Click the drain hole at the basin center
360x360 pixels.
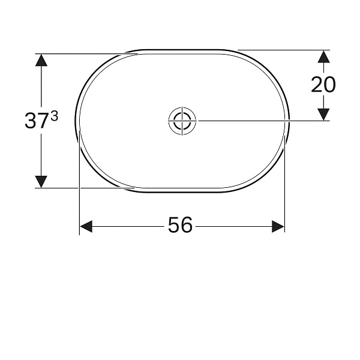pyautogui.click(x=182, y=121)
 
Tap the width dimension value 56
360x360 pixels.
pyautogui.click(x=180, y=226)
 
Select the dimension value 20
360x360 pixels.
pyautogui.click(x=323, y=85)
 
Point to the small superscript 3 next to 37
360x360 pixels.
pyautogui.click(x=54, y=117)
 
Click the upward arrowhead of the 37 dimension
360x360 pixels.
pyautogui.click(x=41, y=61)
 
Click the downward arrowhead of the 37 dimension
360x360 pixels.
pyautogui.click(x=41, y=180)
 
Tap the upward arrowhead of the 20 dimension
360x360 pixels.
pyautogui.click(x=323, y=57)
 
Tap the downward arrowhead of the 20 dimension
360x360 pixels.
pyautogui.click(x=323, y=113)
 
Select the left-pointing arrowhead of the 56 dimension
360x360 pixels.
pyautogui.click(x=86, y=226)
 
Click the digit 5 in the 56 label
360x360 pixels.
pyautogui.click(x=173, y=226)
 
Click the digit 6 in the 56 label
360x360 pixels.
pyautogui.click(x=187, y=226)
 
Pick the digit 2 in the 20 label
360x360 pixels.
pyautogui.click(x=317, y=85)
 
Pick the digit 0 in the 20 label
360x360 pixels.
pyautogui.click(x=330, y=85)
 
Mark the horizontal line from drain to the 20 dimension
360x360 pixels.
pyautogui.click(x=264, y=121)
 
